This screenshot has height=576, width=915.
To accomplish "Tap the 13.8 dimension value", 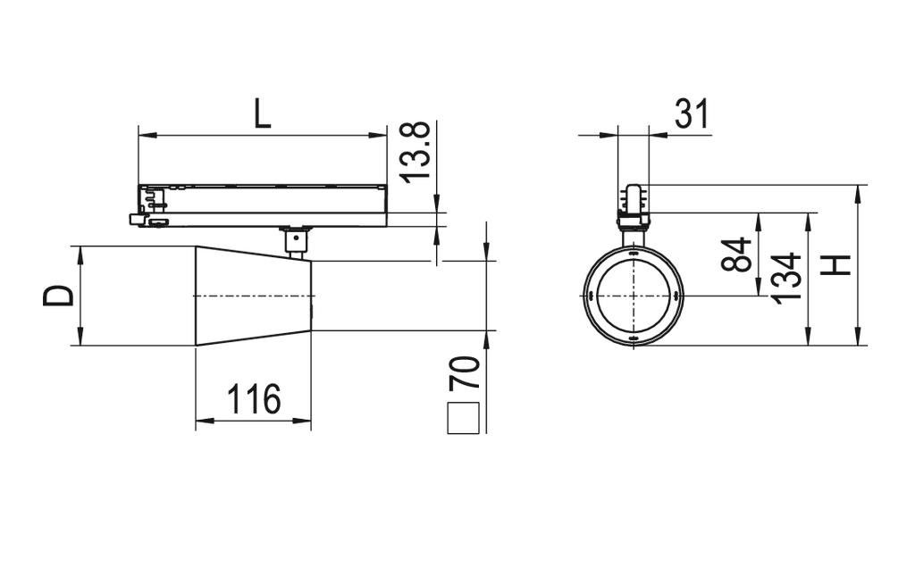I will pyautogui.click(x=416, y=151).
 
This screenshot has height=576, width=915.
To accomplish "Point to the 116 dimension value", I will pyautogui.click(x=253, y=399).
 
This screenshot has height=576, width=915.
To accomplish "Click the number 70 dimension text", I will pyautogui.click(x=465, y=371).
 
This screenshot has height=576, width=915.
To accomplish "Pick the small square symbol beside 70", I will pyautogui.click(x=464, y=418).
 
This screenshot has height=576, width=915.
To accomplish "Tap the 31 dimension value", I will pyautogui.click(x=691, y=114).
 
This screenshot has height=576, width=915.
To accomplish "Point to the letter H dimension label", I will pyautogui.click(x=836, y=265).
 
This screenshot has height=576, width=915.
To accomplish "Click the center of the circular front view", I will pyautogui.click(x=633, y=296).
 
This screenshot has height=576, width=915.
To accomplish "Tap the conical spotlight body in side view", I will pyautogui.click(x=255, y=295).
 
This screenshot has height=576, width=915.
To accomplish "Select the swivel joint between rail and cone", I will pyautogui.click(x=294, y=241).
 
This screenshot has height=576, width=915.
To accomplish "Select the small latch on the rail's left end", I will pyautogui.click(x=139, y=218).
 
